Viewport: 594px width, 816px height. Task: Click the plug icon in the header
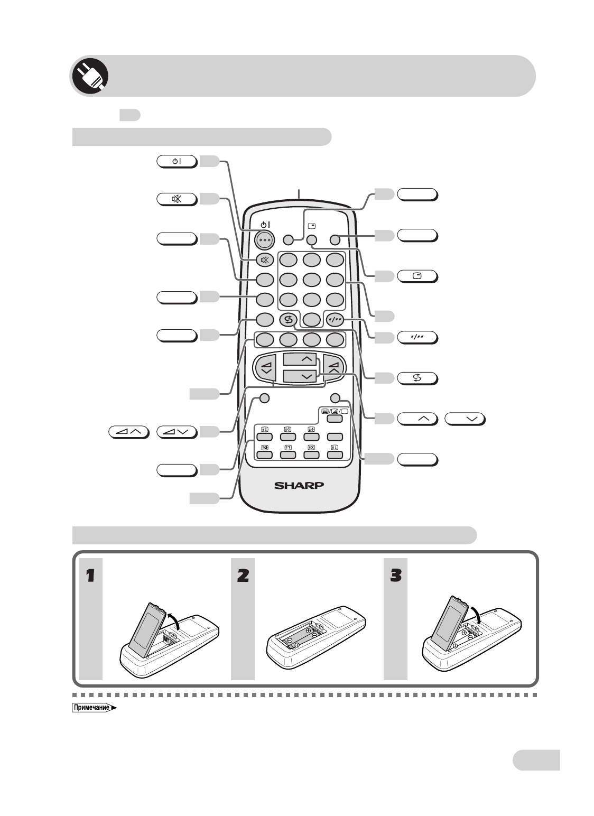click(x=90, y=76)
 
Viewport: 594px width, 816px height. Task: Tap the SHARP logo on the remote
click(x=299, y=485)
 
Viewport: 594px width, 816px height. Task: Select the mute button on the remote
click(x=265, y=259)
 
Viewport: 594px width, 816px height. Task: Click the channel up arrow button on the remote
click(x=299, y=359)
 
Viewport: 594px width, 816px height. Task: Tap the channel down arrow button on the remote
click(x=299, y=376)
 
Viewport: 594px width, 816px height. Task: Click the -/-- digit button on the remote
click(x=335, y=320)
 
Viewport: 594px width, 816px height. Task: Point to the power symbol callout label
click(x=177, y=161)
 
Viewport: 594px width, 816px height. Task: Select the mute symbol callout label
click(x=177, y=199)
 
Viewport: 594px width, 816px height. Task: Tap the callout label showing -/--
click(x=417, y=338)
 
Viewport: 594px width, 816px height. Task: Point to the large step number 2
click(x=243, y=576)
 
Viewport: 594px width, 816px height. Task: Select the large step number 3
click(x=395, y=576)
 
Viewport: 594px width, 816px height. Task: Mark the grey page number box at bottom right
click(x=536, y=759)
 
